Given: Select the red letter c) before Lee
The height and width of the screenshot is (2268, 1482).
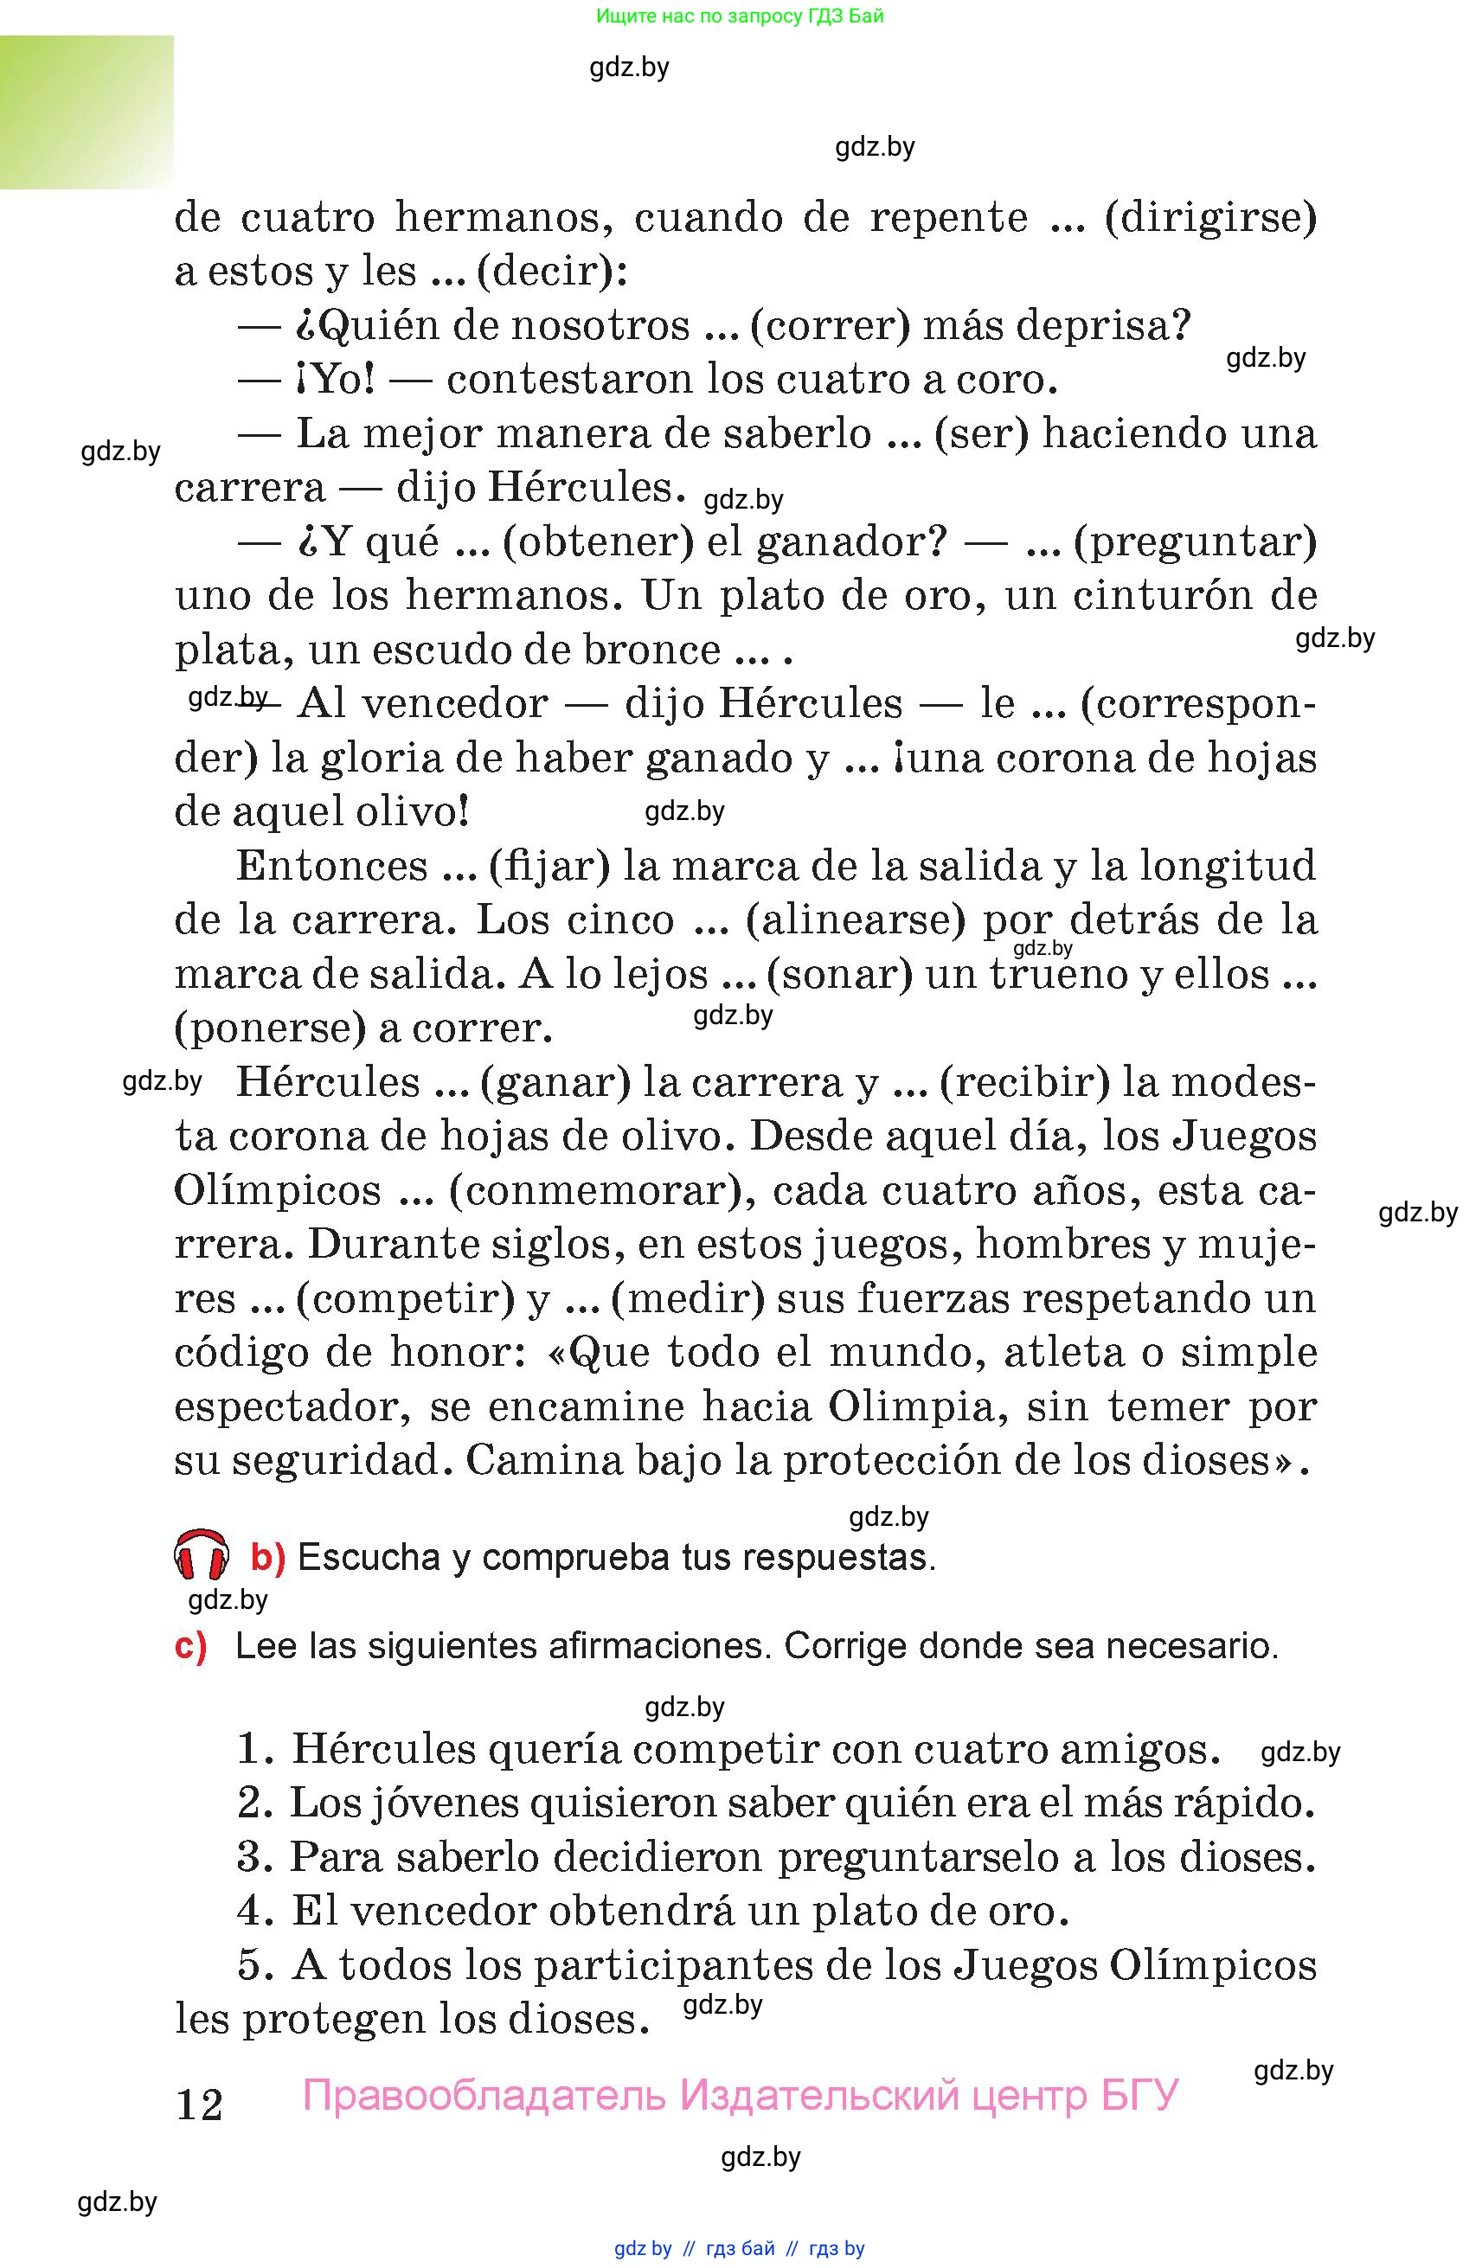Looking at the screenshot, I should (x=190, y=1647).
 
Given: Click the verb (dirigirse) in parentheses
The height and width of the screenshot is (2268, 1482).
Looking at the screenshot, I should (x=1210, y=217).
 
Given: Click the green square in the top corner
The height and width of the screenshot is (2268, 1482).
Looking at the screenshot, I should (x=87, y=112).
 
